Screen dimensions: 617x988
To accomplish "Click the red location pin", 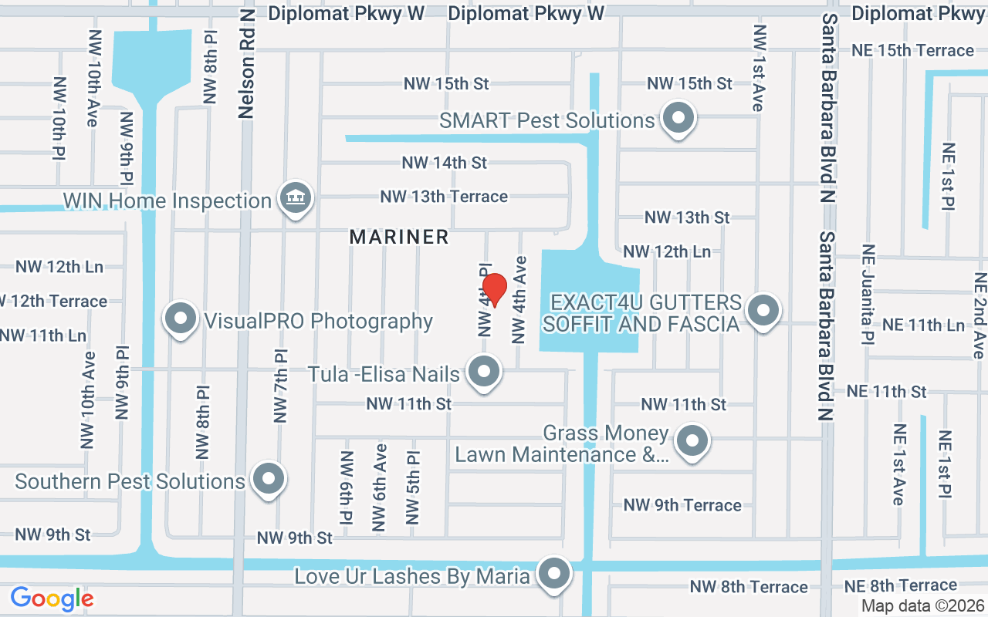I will tap(494, 291).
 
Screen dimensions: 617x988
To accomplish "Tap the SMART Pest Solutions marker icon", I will tap(679, 119).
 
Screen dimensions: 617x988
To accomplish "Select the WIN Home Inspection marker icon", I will tap(294, 198).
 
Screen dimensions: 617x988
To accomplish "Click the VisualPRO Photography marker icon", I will tap(181, 318).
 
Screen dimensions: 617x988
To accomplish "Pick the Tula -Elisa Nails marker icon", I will tap(484, 372).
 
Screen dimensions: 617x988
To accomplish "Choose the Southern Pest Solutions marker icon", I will tap(269, 478).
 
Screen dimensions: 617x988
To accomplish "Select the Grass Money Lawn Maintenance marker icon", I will tap(692, 441).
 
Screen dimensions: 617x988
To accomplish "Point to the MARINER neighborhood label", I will tap(399, 237).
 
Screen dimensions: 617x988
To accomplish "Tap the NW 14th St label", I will tap(444, 163).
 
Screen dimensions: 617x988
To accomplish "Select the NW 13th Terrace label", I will tap(444, 197).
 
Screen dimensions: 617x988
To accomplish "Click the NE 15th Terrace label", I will tap(912, 50).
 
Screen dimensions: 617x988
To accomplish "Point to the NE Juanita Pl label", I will tap(868, 294).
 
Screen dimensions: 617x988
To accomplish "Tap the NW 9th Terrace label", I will tap(682, 505).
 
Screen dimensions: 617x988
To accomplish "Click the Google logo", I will tap(52, 598).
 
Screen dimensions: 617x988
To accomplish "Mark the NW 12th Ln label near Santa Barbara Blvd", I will tap(667, 251).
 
